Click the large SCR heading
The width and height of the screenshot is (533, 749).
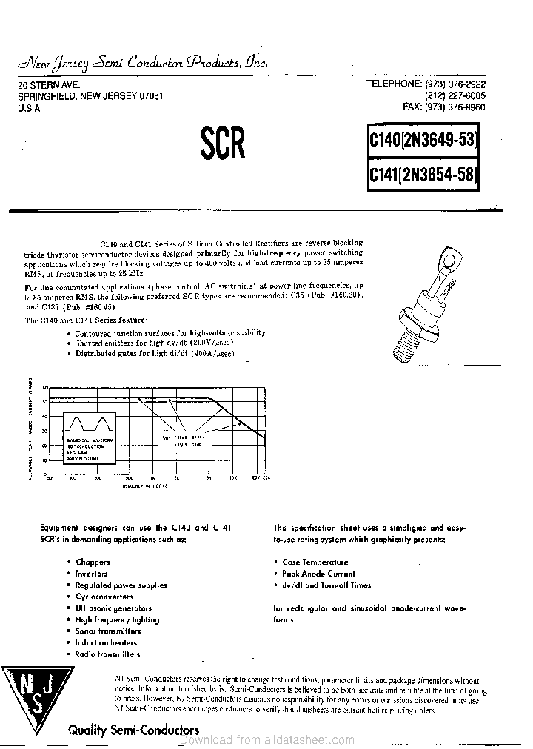click(x=222, y=144)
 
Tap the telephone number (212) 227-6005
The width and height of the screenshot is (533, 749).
click(x=455, y=96)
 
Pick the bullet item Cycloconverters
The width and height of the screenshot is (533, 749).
click(x=104, y=597)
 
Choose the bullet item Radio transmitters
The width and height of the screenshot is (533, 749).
click(x=107, y=654)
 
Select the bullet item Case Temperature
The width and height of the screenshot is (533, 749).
click(x=315, y=562)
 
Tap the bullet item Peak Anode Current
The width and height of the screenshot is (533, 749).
click(x=318, y=574)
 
